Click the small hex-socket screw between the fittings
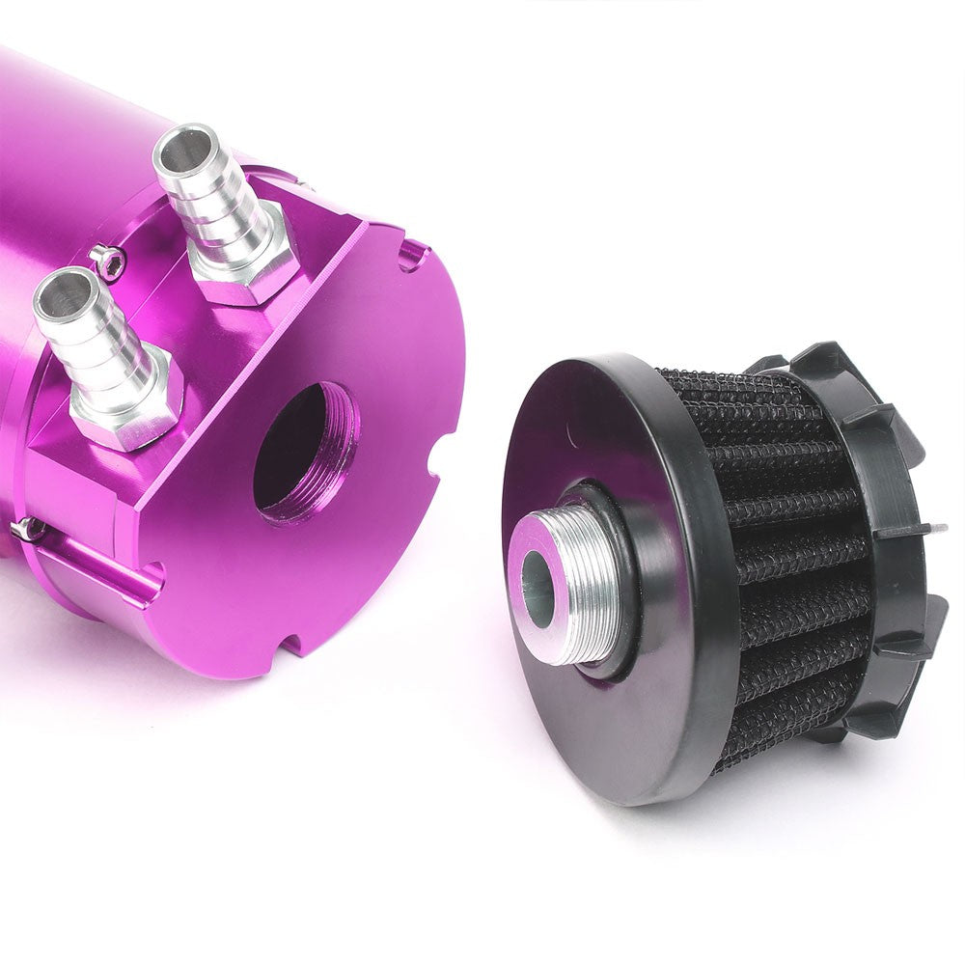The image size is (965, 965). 111,260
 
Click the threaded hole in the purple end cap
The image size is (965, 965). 304,449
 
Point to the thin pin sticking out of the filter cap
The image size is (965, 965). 931,529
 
